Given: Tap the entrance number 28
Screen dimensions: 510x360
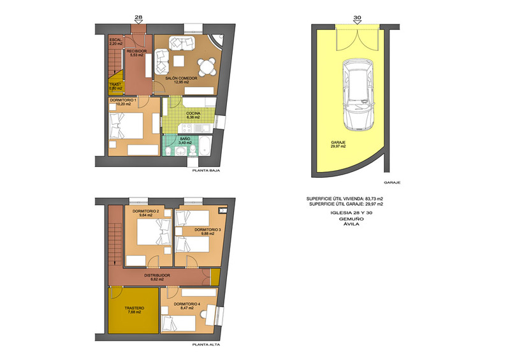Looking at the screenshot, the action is [x=138, y=17].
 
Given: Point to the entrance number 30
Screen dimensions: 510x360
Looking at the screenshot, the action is [x=357, y=18].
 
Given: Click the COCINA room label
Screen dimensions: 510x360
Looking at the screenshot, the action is [x=193, y=115].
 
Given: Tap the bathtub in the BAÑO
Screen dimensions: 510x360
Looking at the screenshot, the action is [x=205, y=147].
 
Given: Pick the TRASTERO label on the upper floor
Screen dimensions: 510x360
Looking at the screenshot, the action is [x=135, y=310].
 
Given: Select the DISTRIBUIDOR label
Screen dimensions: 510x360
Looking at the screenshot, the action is [x=157, y=277].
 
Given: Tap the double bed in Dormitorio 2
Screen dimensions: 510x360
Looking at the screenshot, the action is [x=154, y=232].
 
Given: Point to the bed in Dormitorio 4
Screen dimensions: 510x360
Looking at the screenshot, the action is [x=178, y=324].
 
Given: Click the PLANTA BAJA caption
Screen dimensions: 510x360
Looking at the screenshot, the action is [x=206, y=170].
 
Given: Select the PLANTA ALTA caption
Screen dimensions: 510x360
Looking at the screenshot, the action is [x=206, y=345].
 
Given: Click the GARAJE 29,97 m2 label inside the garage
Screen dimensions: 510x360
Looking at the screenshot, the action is [x=339, y=145].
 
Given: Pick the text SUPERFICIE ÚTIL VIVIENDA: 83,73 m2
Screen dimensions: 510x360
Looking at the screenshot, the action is [x=345, y=198].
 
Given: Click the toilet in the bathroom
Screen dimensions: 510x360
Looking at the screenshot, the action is [x=193, y=150].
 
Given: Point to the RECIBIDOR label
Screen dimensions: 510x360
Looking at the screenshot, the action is [x=136, y=53].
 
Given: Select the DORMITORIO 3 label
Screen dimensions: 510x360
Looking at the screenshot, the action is [x=208, y=231].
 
